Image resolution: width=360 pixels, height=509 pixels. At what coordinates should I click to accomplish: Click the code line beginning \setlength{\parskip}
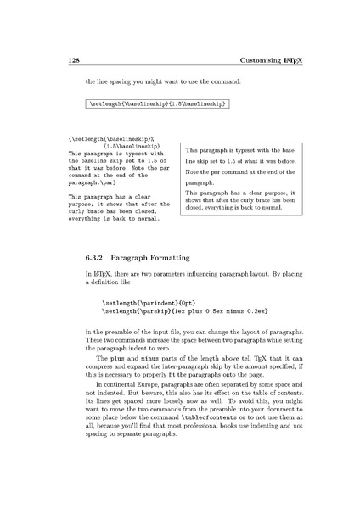tap(171, 310)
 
